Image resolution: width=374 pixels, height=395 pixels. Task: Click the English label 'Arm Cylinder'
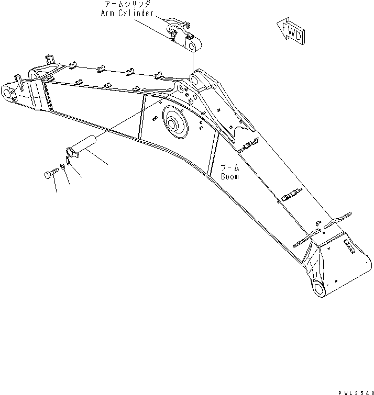coord(127,13)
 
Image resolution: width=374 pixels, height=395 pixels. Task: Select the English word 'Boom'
coord(229,176)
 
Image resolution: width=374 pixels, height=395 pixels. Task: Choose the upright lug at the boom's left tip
coord(18,82)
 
